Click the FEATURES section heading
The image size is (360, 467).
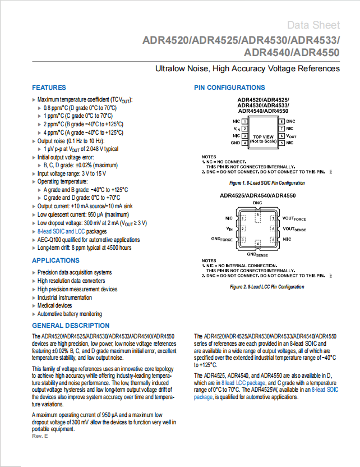[x=49, y=88]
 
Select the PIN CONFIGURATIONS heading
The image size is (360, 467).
[x=229, y=88]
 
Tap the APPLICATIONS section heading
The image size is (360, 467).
[x=56, y=260]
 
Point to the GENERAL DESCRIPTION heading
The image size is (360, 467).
[x=71, y=326]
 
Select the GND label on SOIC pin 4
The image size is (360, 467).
[x=236, y=143]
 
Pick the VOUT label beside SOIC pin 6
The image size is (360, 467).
[x=291, y=136]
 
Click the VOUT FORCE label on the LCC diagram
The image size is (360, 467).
[x=294, y=218]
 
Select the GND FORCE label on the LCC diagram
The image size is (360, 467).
[x=221, y=240]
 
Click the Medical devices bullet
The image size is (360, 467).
[x=54, y=305]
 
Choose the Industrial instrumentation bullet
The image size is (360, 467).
[x=64, y=297]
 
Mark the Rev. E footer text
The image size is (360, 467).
[x=40, y=436]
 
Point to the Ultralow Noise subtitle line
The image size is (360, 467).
[x=247, y=68]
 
